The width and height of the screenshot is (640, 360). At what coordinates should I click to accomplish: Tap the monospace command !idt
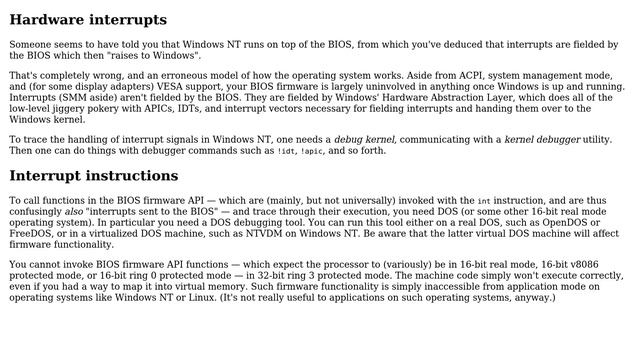[286, 151]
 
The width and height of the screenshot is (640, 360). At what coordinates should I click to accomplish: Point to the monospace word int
[484, 201]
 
